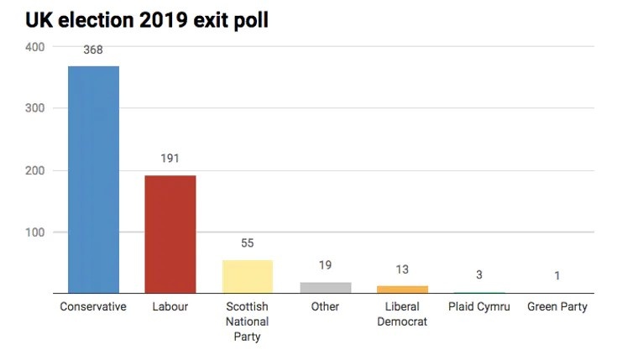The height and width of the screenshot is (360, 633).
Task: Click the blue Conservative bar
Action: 93,180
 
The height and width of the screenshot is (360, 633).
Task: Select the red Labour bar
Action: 170,234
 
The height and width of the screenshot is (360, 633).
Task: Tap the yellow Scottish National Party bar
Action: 248,276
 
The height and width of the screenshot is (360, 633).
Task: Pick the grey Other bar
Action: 325,288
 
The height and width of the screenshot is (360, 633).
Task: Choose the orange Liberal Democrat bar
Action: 402,290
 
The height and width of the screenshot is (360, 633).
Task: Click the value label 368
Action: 93,50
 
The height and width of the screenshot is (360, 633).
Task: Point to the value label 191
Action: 170,159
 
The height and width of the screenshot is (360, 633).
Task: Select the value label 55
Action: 248,243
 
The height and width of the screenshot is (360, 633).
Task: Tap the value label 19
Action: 325,265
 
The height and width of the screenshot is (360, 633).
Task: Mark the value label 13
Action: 402,269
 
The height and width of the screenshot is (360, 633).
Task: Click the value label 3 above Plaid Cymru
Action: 479,275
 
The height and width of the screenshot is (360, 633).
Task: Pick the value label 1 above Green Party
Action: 557,276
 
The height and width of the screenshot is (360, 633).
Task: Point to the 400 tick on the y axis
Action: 34,47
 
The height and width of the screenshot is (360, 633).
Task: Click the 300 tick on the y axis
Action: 34,108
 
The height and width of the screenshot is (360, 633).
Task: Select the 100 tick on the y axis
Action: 34,232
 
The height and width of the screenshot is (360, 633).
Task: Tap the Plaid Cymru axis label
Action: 479,307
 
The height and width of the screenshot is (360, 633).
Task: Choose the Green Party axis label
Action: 557,307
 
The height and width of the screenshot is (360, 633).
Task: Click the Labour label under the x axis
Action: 170,307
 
